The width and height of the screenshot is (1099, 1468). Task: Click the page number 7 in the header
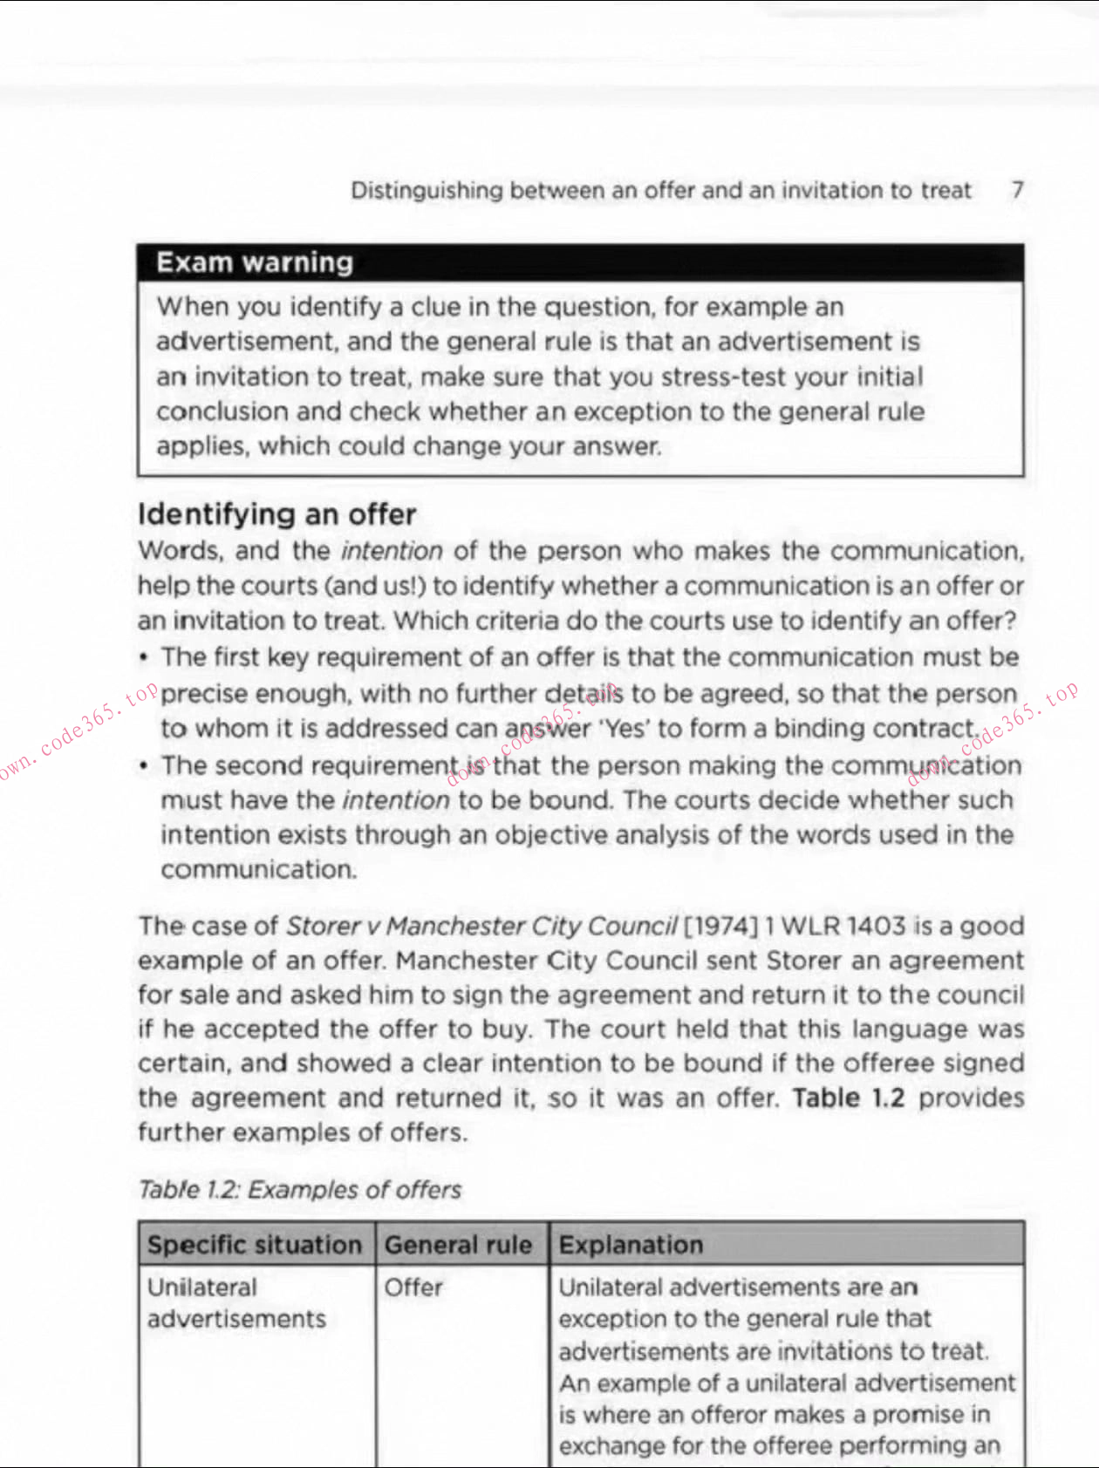click(x=1017, y=190)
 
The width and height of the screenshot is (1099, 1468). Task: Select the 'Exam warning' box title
click(x=255, y=262)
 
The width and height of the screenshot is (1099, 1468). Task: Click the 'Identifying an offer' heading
click(x=276, y=514)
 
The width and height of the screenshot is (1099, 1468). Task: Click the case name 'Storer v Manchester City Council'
click(x=481, y=926)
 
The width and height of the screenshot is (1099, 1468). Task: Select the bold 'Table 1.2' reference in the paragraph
click(x=848, y=1098)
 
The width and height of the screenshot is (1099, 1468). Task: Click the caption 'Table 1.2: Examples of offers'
click(x=299, y=1190)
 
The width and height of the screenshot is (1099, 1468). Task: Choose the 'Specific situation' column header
click(x=254, y=1245)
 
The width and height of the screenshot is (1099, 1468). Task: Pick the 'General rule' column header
click(x=458, y=1245)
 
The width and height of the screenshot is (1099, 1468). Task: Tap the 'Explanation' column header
click(x=631, y=1245)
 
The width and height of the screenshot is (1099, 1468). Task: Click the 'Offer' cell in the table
click(x=413, y=1288)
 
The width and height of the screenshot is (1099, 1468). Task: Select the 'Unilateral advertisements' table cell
click(x=235, y=1303)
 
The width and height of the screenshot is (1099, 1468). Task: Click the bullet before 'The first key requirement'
click(x=143, y=657)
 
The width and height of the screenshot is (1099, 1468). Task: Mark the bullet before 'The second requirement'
click(x=143, y=765)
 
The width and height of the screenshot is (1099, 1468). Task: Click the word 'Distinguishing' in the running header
click(x=427, y=190)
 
